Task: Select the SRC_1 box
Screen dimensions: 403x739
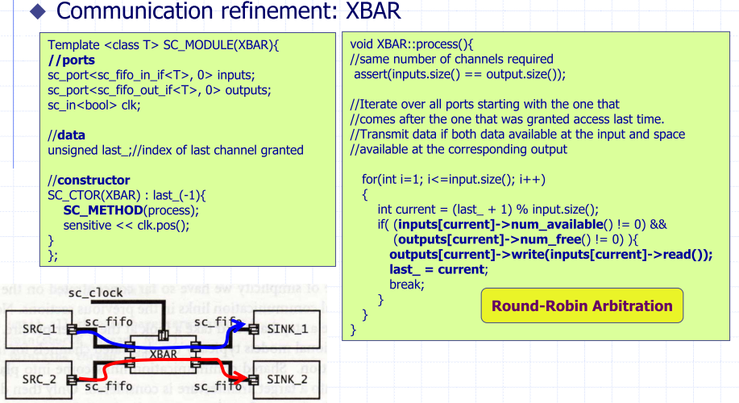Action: point(33,329)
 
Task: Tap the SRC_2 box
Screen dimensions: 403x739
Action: point(33,378)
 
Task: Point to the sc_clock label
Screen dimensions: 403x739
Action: point(95,292)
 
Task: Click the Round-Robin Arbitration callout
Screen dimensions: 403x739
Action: point(582,306)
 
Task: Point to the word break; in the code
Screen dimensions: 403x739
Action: point(407,285)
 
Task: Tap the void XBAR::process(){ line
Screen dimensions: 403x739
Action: point(413,44)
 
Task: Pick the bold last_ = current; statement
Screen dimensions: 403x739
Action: point(438,269)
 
